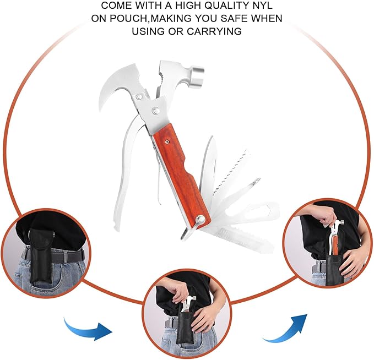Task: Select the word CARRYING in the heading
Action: tap(214, 31)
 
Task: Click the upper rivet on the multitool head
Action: tap(139, 97)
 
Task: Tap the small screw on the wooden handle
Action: tap(167, 142)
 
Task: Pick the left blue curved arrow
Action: tap(88, 328)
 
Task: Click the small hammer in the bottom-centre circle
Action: tap(188, 304)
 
